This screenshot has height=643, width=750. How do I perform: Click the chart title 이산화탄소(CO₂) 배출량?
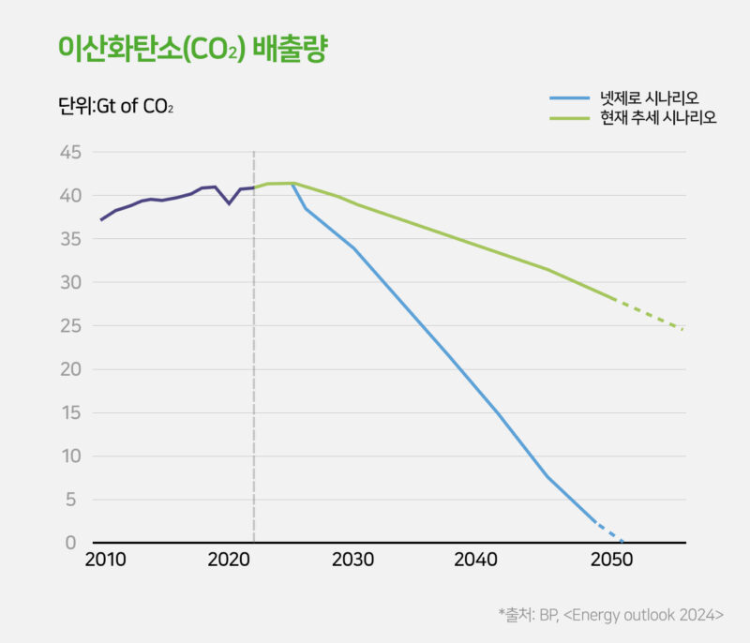click(x=192, y=48)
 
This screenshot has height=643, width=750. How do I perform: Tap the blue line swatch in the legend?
click(x=570, y=97)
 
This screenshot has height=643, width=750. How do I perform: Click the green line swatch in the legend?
click(x=570, y=118)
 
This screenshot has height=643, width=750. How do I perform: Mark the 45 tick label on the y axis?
click(x=71, y=152)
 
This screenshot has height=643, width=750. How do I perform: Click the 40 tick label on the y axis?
click(x=71, y=196)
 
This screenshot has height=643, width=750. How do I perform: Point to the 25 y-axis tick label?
click(x=71, y=326)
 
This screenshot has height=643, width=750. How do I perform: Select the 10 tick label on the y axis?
click(x=71, y=456)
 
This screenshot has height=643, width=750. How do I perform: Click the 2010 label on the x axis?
click(x=105, y=561)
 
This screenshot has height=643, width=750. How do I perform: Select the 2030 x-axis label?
click(x=352, y=561)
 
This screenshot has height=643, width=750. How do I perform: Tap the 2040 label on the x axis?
click(x=475, y=561)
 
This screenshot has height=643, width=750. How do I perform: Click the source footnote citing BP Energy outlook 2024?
click(x=610, y=615)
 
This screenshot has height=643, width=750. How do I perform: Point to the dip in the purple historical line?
click(x=229, y=202)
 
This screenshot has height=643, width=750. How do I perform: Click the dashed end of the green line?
click(x=652, y=316)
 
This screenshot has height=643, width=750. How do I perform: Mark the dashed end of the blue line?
click(x=608, y=531)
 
